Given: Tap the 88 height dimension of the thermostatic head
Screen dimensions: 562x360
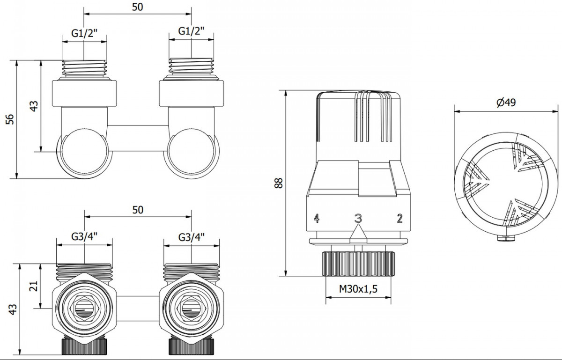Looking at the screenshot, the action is pyautogui.click(x=279, y=183).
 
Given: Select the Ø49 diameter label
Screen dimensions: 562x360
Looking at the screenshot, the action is pyautogui.click(x=507, y=103).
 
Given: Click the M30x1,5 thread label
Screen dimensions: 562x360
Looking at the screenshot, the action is pyautogui.click(x=358, y=289).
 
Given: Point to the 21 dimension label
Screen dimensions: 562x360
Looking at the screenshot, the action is pyautogui.click(x=34, y=286).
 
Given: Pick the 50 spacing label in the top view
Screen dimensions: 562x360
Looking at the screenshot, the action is pyautogui.click(x=138, y=7).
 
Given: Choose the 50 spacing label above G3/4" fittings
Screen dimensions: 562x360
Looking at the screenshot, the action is pyautogui.click(x=138, y=210).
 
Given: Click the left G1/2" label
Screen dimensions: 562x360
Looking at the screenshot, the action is pyautogui.click(x=84, y=33).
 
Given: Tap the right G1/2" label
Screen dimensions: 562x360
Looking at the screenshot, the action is pyautogui.click(x=191, y=31).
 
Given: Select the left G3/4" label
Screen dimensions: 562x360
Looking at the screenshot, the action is pyautogui.click(x=84, y=236).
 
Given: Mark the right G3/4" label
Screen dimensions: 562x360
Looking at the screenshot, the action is pyautogui.click(x=192, y=237).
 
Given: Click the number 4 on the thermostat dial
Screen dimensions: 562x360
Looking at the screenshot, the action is pyautogui.click(x=317, y=218).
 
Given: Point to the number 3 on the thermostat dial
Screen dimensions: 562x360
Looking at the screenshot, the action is pyautogui.click(x=358, y=218).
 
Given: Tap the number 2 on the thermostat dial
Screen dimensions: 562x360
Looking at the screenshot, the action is pyautogui.click(x=399, y=218).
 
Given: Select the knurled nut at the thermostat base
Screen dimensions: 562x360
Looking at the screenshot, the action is pyautogui.click(x=358, y=264).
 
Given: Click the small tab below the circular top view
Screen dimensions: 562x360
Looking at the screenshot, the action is pyautogui.click(x=506, y=238).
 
